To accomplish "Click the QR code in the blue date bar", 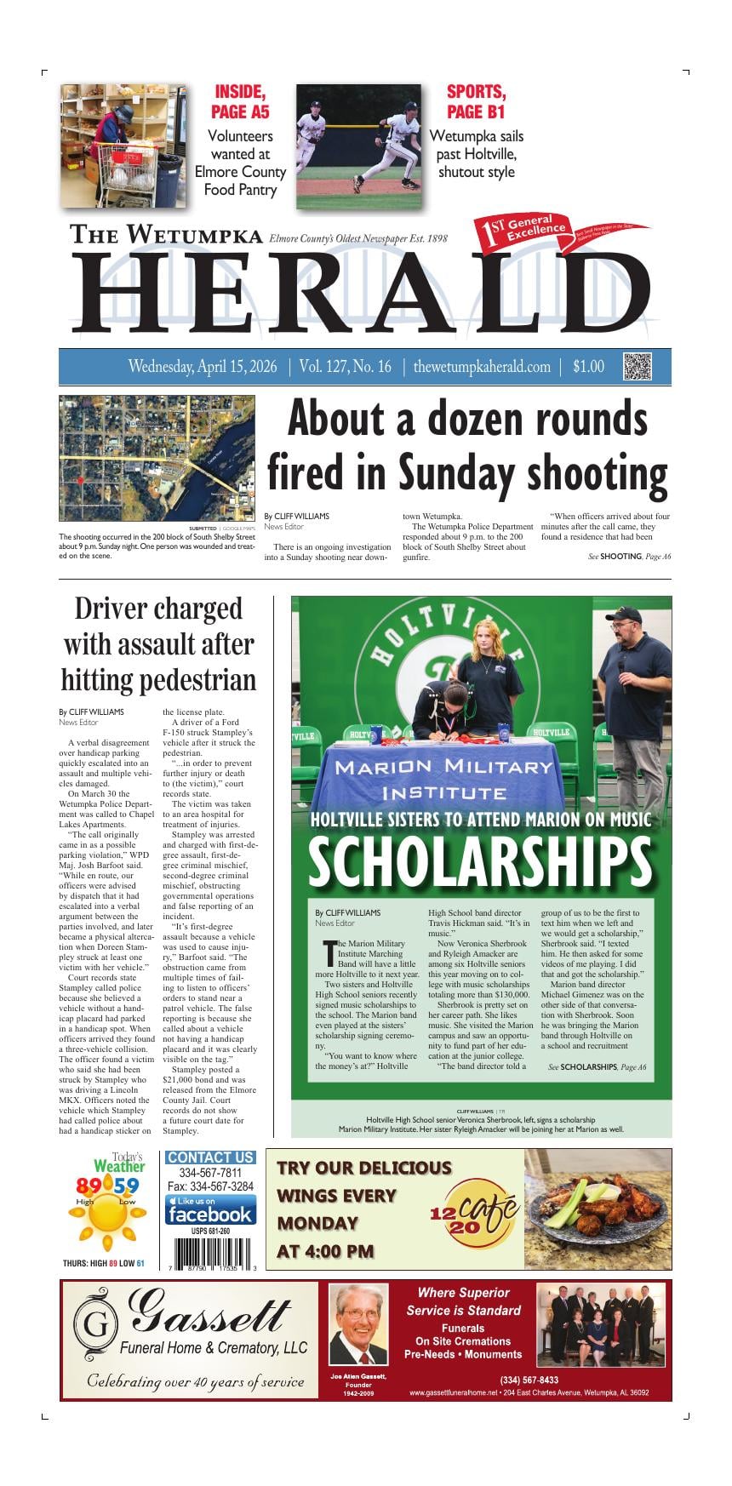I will coord(638,366).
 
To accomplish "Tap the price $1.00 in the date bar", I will coord(588,367).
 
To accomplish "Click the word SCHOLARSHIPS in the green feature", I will coord(480,861).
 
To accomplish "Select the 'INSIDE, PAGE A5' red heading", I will coord(240,102).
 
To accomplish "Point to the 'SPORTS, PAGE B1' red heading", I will coord(476,102).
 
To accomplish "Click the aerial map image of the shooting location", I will coord(157,458).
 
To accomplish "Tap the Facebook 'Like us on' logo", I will coord(210,1209).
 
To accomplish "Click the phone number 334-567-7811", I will coord(210,1173).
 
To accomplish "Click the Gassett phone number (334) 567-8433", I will coord(529,1380).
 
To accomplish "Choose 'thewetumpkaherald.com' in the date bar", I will coord(482,367).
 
